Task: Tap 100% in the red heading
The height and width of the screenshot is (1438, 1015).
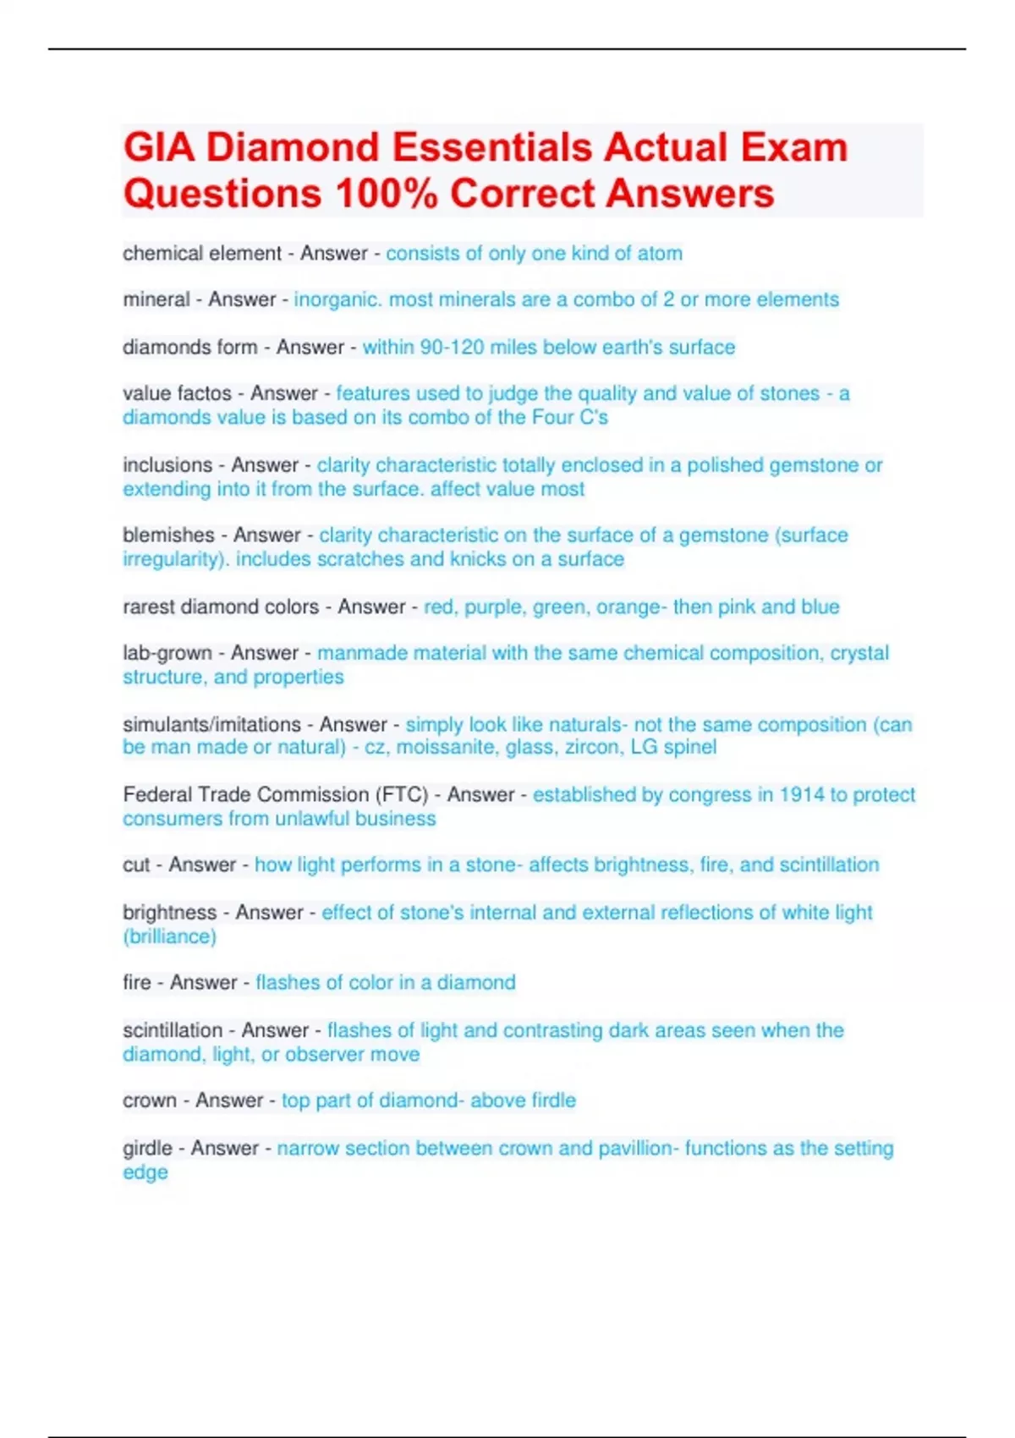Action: point(387,194)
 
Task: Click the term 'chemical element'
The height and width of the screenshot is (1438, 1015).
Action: point(201,253)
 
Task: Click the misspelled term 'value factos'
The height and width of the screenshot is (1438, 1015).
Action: point(177,393)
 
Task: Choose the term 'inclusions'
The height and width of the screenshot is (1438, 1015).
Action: point(167,464)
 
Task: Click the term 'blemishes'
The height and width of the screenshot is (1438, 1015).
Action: point(168,535)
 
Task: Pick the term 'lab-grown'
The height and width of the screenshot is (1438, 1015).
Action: point(167,653)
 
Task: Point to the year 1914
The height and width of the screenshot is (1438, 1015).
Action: point(801,794)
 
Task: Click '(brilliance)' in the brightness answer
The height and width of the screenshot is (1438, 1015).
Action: point(169,936)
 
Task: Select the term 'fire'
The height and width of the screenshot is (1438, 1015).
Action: point(136,983)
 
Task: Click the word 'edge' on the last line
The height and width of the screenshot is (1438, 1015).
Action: point(145,1172)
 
